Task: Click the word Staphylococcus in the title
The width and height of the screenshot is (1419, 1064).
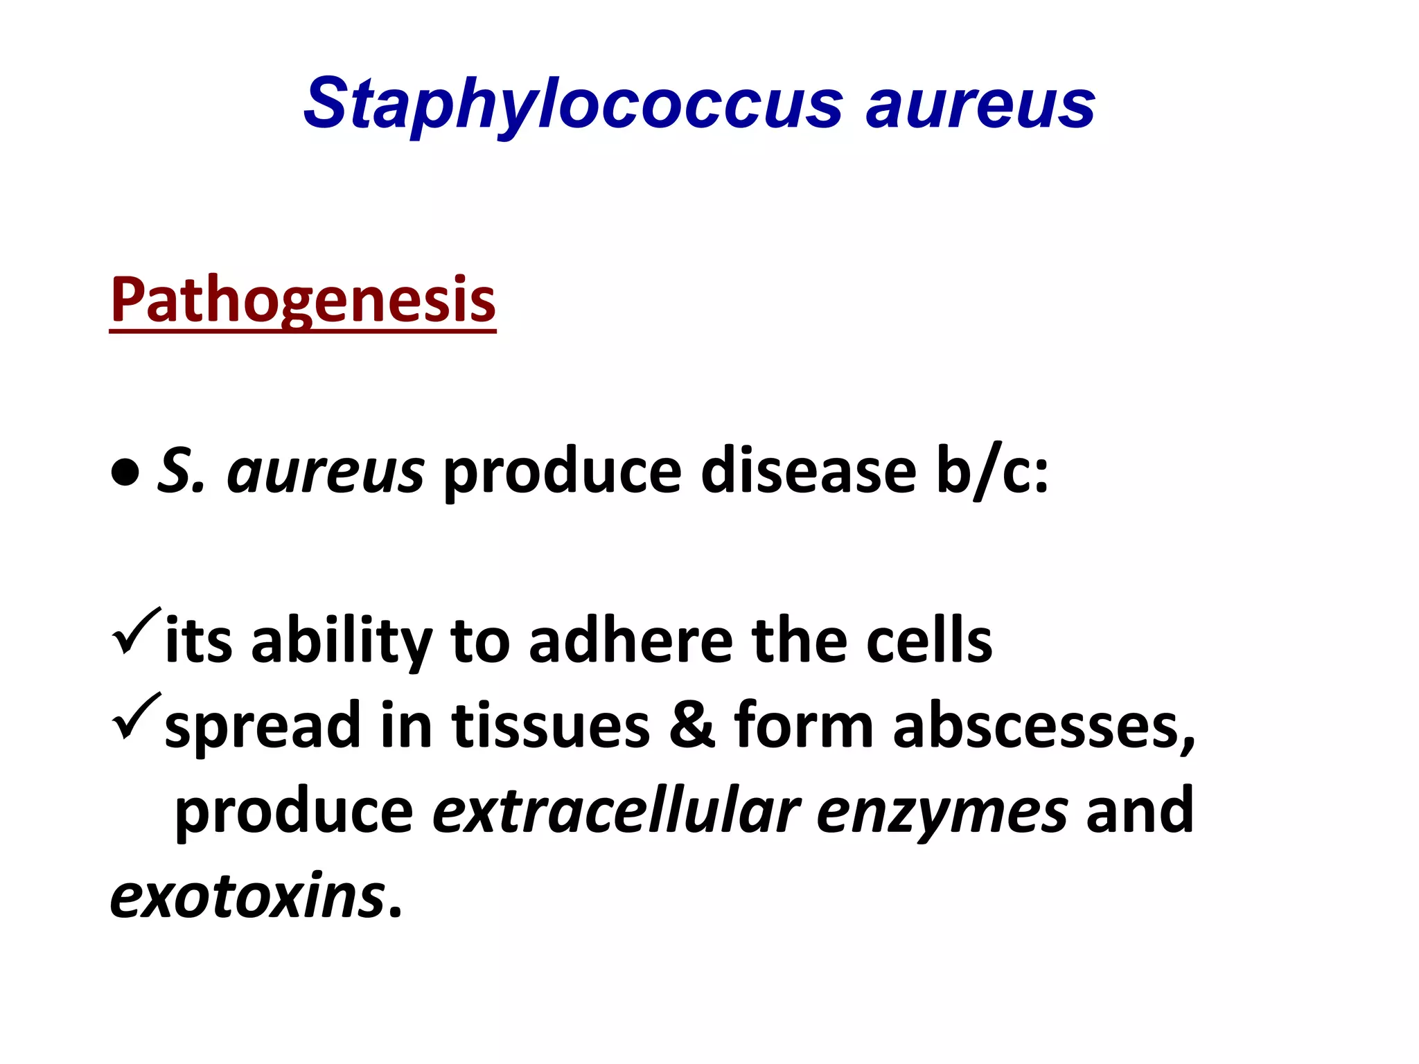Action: [x=572, y=105]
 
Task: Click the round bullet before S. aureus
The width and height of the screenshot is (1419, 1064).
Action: [x=125, y=475]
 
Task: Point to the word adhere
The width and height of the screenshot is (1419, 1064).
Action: [x=631, y=641]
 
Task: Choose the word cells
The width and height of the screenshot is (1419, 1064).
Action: [x=929, y=641]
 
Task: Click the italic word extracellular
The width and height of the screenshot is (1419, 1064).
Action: [x=616, y=811]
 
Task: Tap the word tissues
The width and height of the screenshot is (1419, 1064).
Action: [x=551, y=726]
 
